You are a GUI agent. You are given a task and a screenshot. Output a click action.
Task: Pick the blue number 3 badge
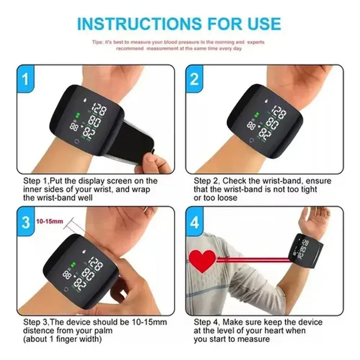27,221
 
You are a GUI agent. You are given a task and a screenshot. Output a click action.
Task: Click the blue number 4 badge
194,221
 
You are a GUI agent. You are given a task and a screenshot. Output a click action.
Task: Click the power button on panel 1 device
76,145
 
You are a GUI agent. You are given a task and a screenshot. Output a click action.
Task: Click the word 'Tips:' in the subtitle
98,42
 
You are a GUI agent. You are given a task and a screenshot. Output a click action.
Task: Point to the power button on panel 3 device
66,289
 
